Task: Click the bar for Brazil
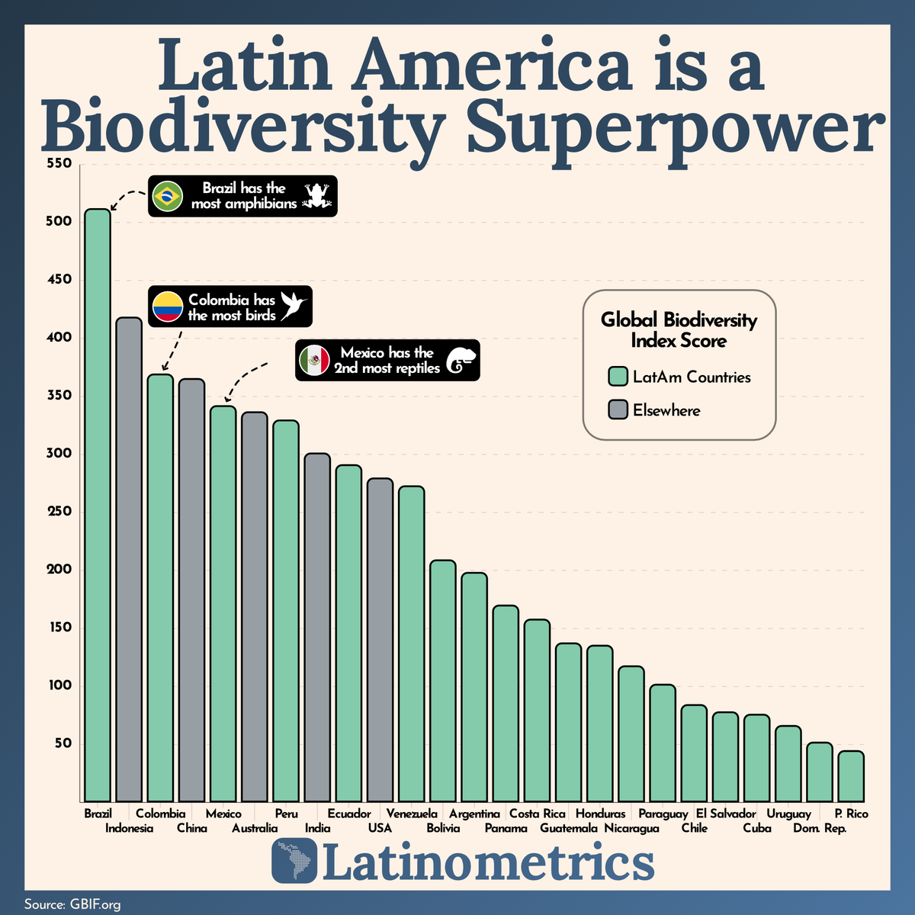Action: point(98,506)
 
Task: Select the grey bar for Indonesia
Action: point(129,560)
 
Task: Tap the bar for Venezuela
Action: point(411,644)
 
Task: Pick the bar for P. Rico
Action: point(851,776)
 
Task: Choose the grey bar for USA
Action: point(380,640)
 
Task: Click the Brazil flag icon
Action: point(168,196)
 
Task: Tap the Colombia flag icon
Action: point(168,307)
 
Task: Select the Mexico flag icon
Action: point(314,360)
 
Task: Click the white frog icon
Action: point(317,195)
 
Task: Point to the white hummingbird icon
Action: point(294,305)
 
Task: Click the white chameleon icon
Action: point(461,361)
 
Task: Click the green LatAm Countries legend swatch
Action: point(618,376)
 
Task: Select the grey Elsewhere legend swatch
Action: point(618,409)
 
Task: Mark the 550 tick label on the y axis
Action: point(59,163)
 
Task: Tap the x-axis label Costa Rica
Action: point(537,814)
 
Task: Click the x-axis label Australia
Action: point(255,828)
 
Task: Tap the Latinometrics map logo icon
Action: point(294,860)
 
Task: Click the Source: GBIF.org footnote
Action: point(72,904)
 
